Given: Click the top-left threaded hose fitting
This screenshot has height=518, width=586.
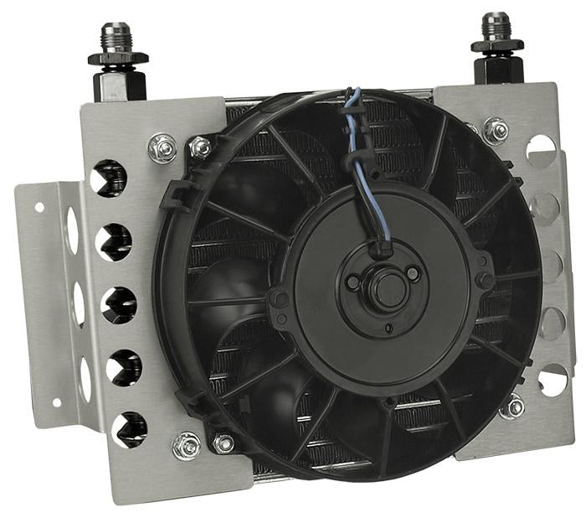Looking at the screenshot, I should (x=116, y=38).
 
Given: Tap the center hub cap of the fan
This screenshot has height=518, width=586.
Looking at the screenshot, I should (x=385, y=289).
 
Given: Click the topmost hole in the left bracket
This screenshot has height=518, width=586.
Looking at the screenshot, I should (x=109, y=179).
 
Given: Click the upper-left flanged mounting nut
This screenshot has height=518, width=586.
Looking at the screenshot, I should (x=162, y=149).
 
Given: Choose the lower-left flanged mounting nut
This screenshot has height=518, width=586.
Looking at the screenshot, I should (x=187, y=445).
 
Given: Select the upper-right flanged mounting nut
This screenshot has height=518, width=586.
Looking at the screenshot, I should (x=496, y=131).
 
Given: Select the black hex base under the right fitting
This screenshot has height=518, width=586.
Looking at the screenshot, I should (x=499, y=70).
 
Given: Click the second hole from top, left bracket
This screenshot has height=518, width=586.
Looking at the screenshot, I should (x=113, y=243).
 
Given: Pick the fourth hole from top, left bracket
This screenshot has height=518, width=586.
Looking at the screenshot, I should (x=124, y=366).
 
